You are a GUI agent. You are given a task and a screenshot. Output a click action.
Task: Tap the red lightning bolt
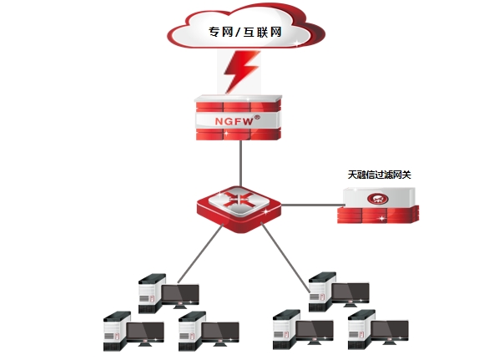[x=240, y=72]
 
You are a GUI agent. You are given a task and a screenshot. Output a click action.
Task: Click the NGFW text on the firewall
[x=234, y=121]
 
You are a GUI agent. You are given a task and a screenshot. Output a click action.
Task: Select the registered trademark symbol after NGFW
[x=257, y=117]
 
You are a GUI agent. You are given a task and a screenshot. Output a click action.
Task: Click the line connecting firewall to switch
[x=240, y=164]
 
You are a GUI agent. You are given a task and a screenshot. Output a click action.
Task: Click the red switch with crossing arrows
[x=239, y=209]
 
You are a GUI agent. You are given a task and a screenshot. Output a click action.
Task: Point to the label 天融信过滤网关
[x=379, y=175]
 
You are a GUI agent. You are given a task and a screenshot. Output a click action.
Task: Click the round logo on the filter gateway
[x=378, y=199]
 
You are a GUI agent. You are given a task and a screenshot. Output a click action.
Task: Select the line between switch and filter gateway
[x=312, y=205]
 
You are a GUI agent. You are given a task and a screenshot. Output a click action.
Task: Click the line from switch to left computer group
[x=200, y=254]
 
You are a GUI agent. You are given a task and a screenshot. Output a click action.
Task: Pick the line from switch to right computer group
[x=285, y=257]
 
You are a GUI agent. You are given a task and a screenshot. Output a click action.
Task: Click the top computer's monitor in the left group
[x=180, y=296]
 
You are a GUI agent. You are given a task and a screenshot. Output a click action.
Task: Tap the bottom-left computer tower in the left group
[x=117, y=332]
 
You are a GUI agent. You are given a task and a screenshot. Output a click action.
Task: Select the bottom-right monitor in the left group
[x=220, y=333]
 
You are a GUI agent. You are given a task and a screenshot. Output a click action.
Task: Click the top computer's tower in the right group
[x=322, y=292]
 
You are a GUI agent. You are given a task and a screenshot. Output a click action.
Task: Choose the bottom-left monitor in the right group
[x=315, y=332]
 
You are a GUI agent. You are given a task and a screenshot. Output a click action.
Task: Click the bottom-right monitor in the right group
[x=390, y=332]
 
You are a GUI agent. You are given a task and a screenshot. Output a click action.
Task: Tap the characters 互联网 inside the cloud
[x=263, y=33]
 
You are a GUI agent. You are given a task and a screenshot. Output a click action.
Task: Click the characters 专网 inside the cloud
[x=221, y=33]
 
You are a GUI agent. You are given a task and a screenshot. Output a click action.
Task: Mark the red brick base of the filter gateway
[x=378, y=215]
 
